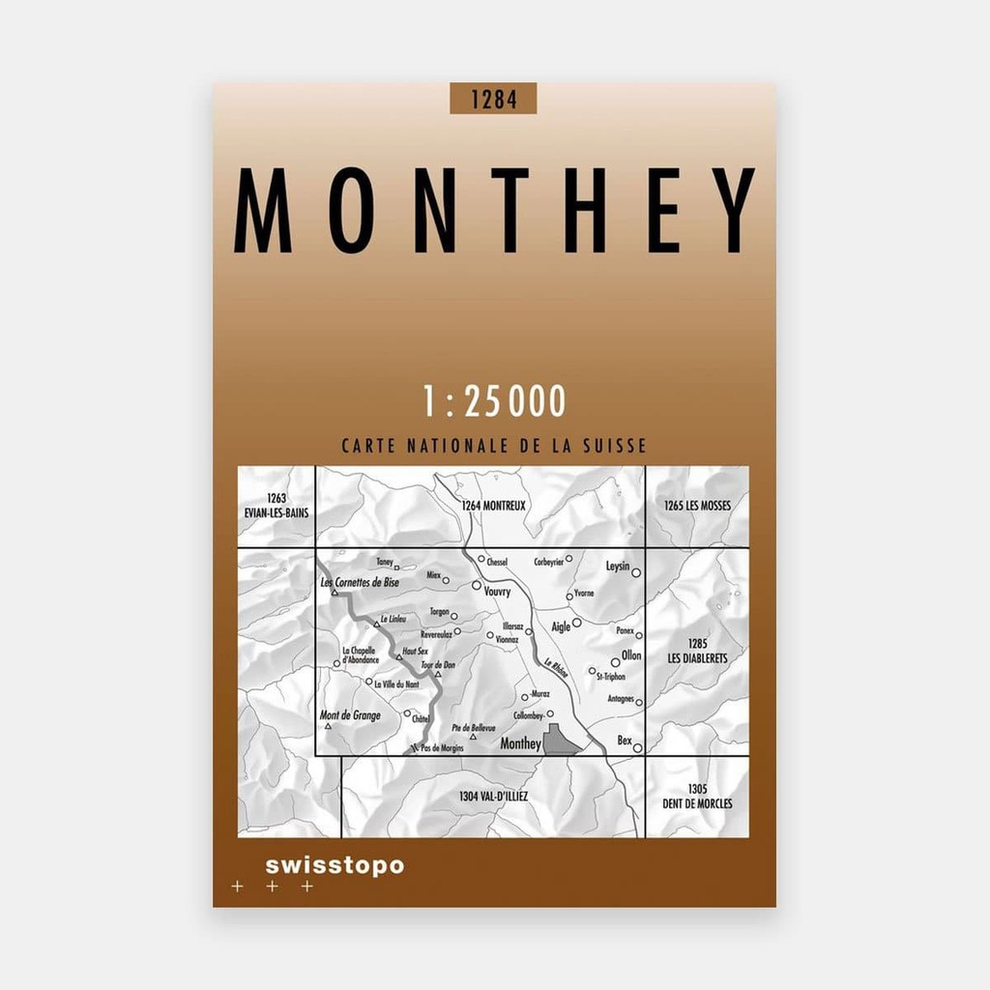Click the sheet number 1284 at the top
click(492, 99)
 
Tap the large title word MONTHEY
click(493, 210)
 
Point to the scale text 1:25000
click(493, 400)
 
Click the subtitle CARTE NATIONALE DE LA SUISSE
click(493, 447)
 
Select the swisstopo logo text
click(335, 865)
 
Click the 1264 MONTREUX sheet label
click(493, 505)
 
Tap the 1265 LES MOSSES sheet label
click(698, 505)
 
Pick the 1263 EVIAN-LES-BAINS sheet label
click(277, 506)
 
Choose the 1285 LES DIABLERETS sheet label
click(696, 651)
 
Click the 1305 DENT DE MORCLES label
click(697, 797)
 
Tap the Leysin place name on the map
click(617, 567)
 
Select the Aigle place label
click(561, 626)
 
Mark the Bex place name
click(625, 741)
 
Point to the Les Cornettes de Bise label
click(359, 583)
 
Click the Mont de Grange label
click(350, 715)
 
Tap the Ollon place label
click(630, 655)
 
